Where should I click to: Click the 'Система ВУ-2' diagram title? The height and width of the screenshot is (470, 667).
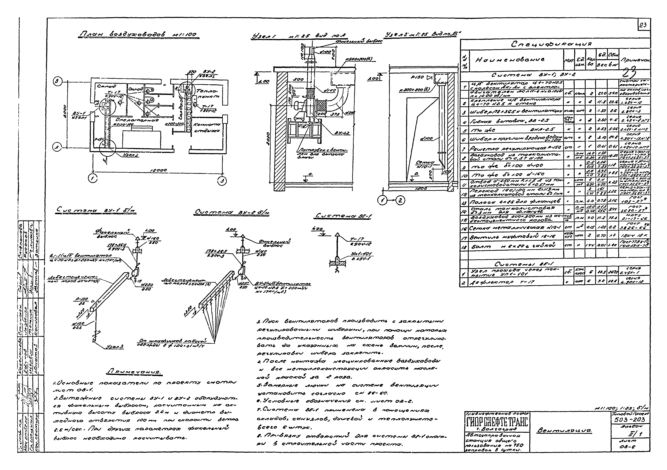pyautogui.click(x=232, y=213)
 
